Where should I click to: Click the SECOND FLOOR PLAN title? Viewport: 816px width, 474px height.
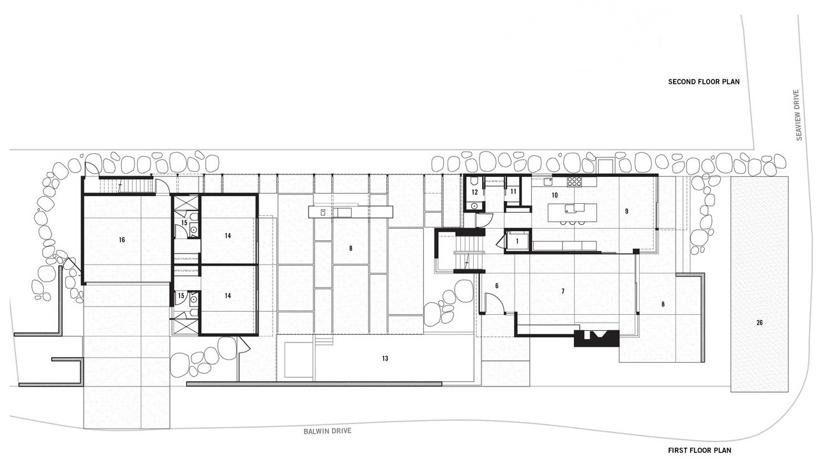coord(704,82)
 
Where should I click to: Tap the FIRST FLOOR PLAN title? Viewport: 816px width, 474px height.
coord(699,450)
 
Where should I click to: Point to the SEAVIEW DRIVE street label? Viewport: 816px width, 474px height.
coord(799,115)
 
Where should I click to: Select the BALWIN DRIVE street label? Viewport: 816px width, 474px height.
coord(328,431)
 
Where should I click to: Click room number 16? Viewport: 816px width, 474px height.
coord(122,240)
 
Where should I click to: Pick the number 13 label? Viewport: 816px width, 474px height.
coord(385,358)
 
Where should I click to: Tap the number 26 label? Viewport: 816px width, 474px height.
coord(760,323)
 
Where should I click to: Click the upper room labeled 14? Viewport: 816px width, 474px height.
coord(228,236)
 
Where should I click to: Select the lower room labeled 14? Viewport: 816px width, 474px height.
coord(228,296)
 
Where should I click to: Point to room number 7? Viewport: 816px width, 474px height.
coord(563,291)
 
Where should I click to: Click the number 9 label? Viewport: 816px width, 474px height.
coord(626,211)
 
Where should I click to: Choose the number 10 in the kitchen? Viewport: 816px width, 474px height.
coord(554,195)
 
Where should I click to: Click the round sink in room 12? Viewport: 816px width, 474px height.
coord(474,206)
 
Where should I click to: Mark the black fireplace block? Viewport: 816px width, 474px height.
coord(596,339)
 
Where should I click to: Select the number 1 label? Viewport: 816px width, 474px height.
coord(517,241)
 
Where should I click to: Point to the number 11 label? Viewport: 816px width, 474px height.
coord(513,192)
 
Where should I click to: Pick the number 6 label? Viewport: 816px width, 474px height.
coord(497,286)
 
